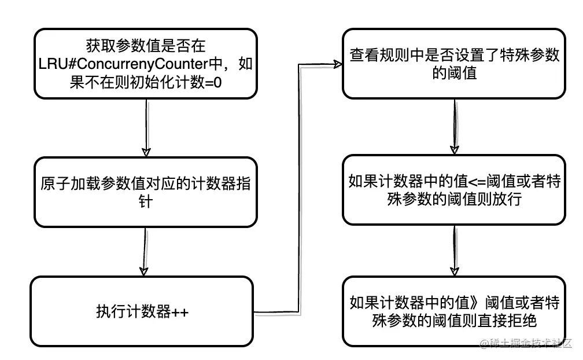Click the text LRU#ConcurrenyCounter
[123, 64]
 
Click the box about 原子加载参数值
[146, 192]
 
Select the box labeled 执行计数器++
[142, 311]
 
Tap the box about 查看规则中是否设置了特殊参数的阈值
[454, 64]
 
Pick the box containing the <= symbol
[454, 190]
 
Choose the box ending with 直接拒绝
[454, 311]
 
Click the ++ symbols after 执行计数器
[180, 312]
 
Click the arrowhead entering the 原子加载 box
[146, 152]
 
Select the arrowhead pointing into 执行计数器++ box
[143, 271]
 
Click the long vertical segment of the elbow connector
[299, 188]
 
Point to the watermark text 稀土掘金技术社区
[526, 343]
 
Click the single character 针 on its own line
[146, 201]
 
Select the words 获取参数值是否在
[146, 46]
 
